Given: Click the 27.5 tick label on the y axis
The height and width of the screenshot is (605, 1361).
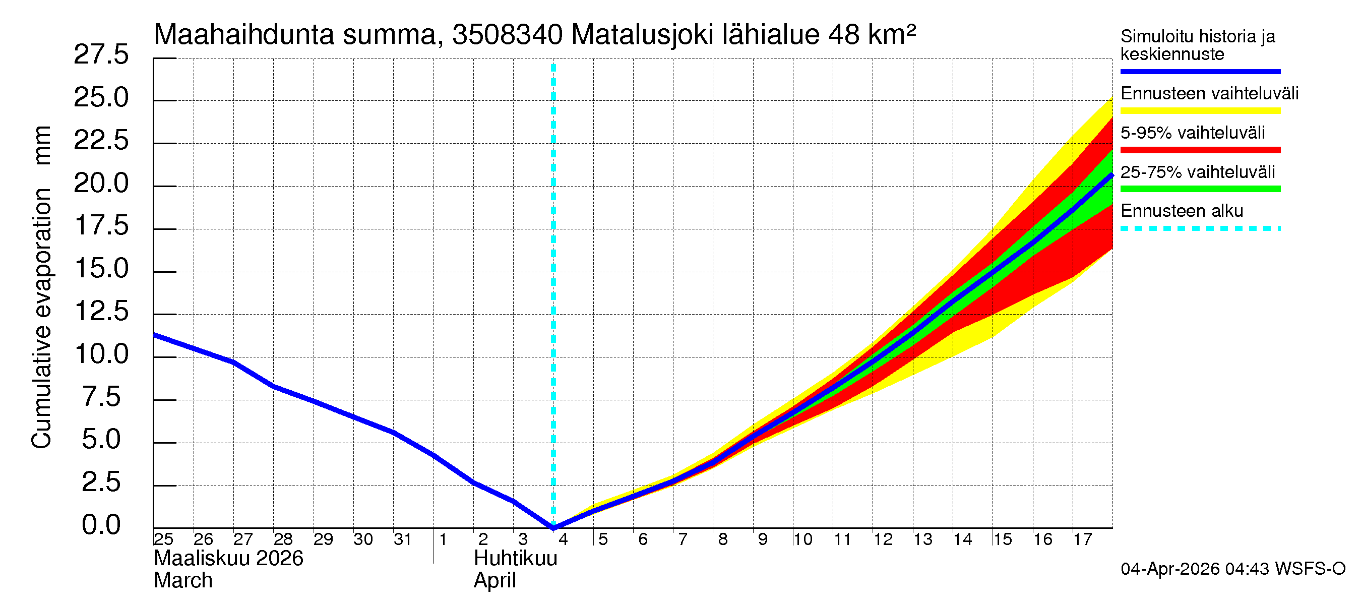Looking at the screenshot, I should (101, 55).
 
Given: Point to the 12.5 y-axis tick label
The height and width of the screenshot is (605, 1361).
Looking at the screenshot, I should (101, 311).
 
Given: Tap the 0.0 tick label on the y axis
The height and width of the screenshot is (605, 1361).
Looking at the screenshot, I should (101, 525).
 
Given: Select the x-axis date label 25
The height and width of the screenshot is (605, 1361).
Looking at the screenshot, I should (163, 539).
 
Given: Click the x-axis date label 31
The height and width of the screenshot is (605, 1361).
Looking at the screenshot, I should (403, 539).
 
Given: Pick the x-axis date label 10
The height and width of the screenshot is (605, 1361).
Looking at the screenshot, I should (802, 539).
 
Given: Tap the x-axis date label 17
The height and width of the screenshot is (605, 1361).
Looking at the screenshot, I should (1083, 539).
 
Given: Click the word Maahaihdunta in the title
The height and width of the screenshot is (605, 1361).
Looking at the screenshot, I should (244, 35).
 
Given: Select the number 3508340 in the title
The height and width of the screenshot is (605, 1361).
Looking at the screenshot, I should (507, 35).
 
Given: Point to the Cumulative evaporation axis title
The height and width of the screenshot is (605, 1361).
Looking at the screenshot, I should (41, 288).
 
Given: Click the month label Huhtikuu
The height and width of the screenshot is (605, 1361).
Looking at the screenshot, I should (515, 559).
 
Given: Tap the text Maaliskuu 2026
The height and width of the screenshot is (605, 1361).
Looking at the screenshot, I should (228, 559).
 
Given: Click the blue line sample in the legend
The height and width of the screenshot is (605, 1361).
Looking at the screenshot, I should (1200, 71).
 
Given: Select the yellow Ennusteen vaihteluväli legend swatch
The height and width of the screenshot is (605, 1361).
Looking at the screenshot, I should (1200, 111).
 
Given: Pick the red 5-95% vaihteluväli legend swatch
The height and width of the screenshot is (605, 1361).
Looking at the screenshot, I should (1200, 150).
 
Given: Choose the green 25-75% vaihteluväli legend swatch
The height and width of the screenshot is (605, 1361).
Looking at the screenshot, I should (1200, 189).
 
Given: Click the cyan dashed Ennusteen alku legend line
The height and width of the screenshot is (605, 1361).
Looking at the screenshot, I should (1200, 229).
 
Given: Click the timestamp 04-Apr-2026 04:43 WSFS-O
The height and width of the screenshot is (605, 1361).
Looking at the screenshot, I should (1232, 569).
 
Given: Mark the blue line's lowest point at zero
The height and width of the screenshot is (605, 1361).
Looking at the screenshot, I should (553, 527).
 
